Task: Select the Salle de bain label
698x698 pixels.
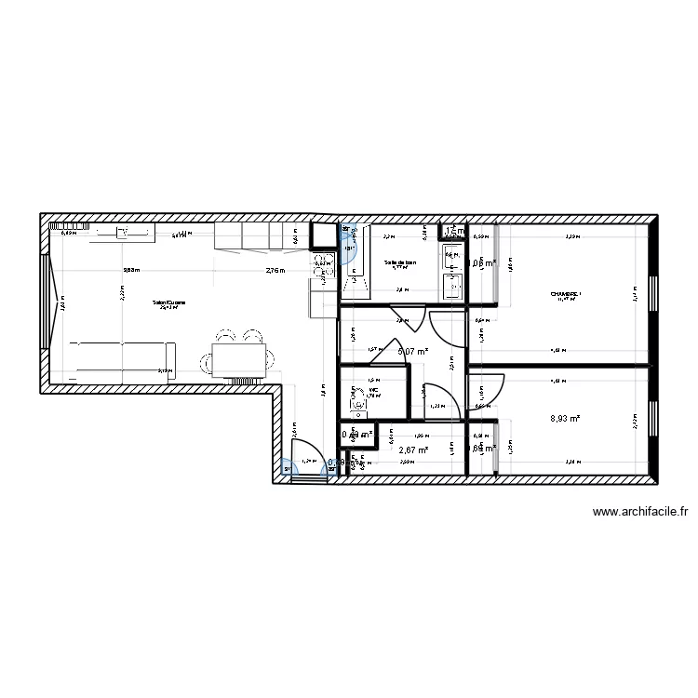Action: [400, 263]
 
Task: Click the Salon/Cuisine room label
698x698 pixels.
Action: [169, 303]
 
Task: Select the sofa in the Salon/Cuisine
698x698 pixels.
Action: [112, 356]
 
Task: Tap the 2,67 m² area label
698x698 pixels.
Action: [412, 450]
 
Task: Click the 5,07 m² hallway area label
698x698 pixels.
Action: [412, 351]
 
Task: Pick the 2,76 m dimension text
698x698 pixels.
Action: [275, 271]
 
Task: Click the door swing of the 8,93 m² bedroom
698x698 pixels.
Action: [482, 385]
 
